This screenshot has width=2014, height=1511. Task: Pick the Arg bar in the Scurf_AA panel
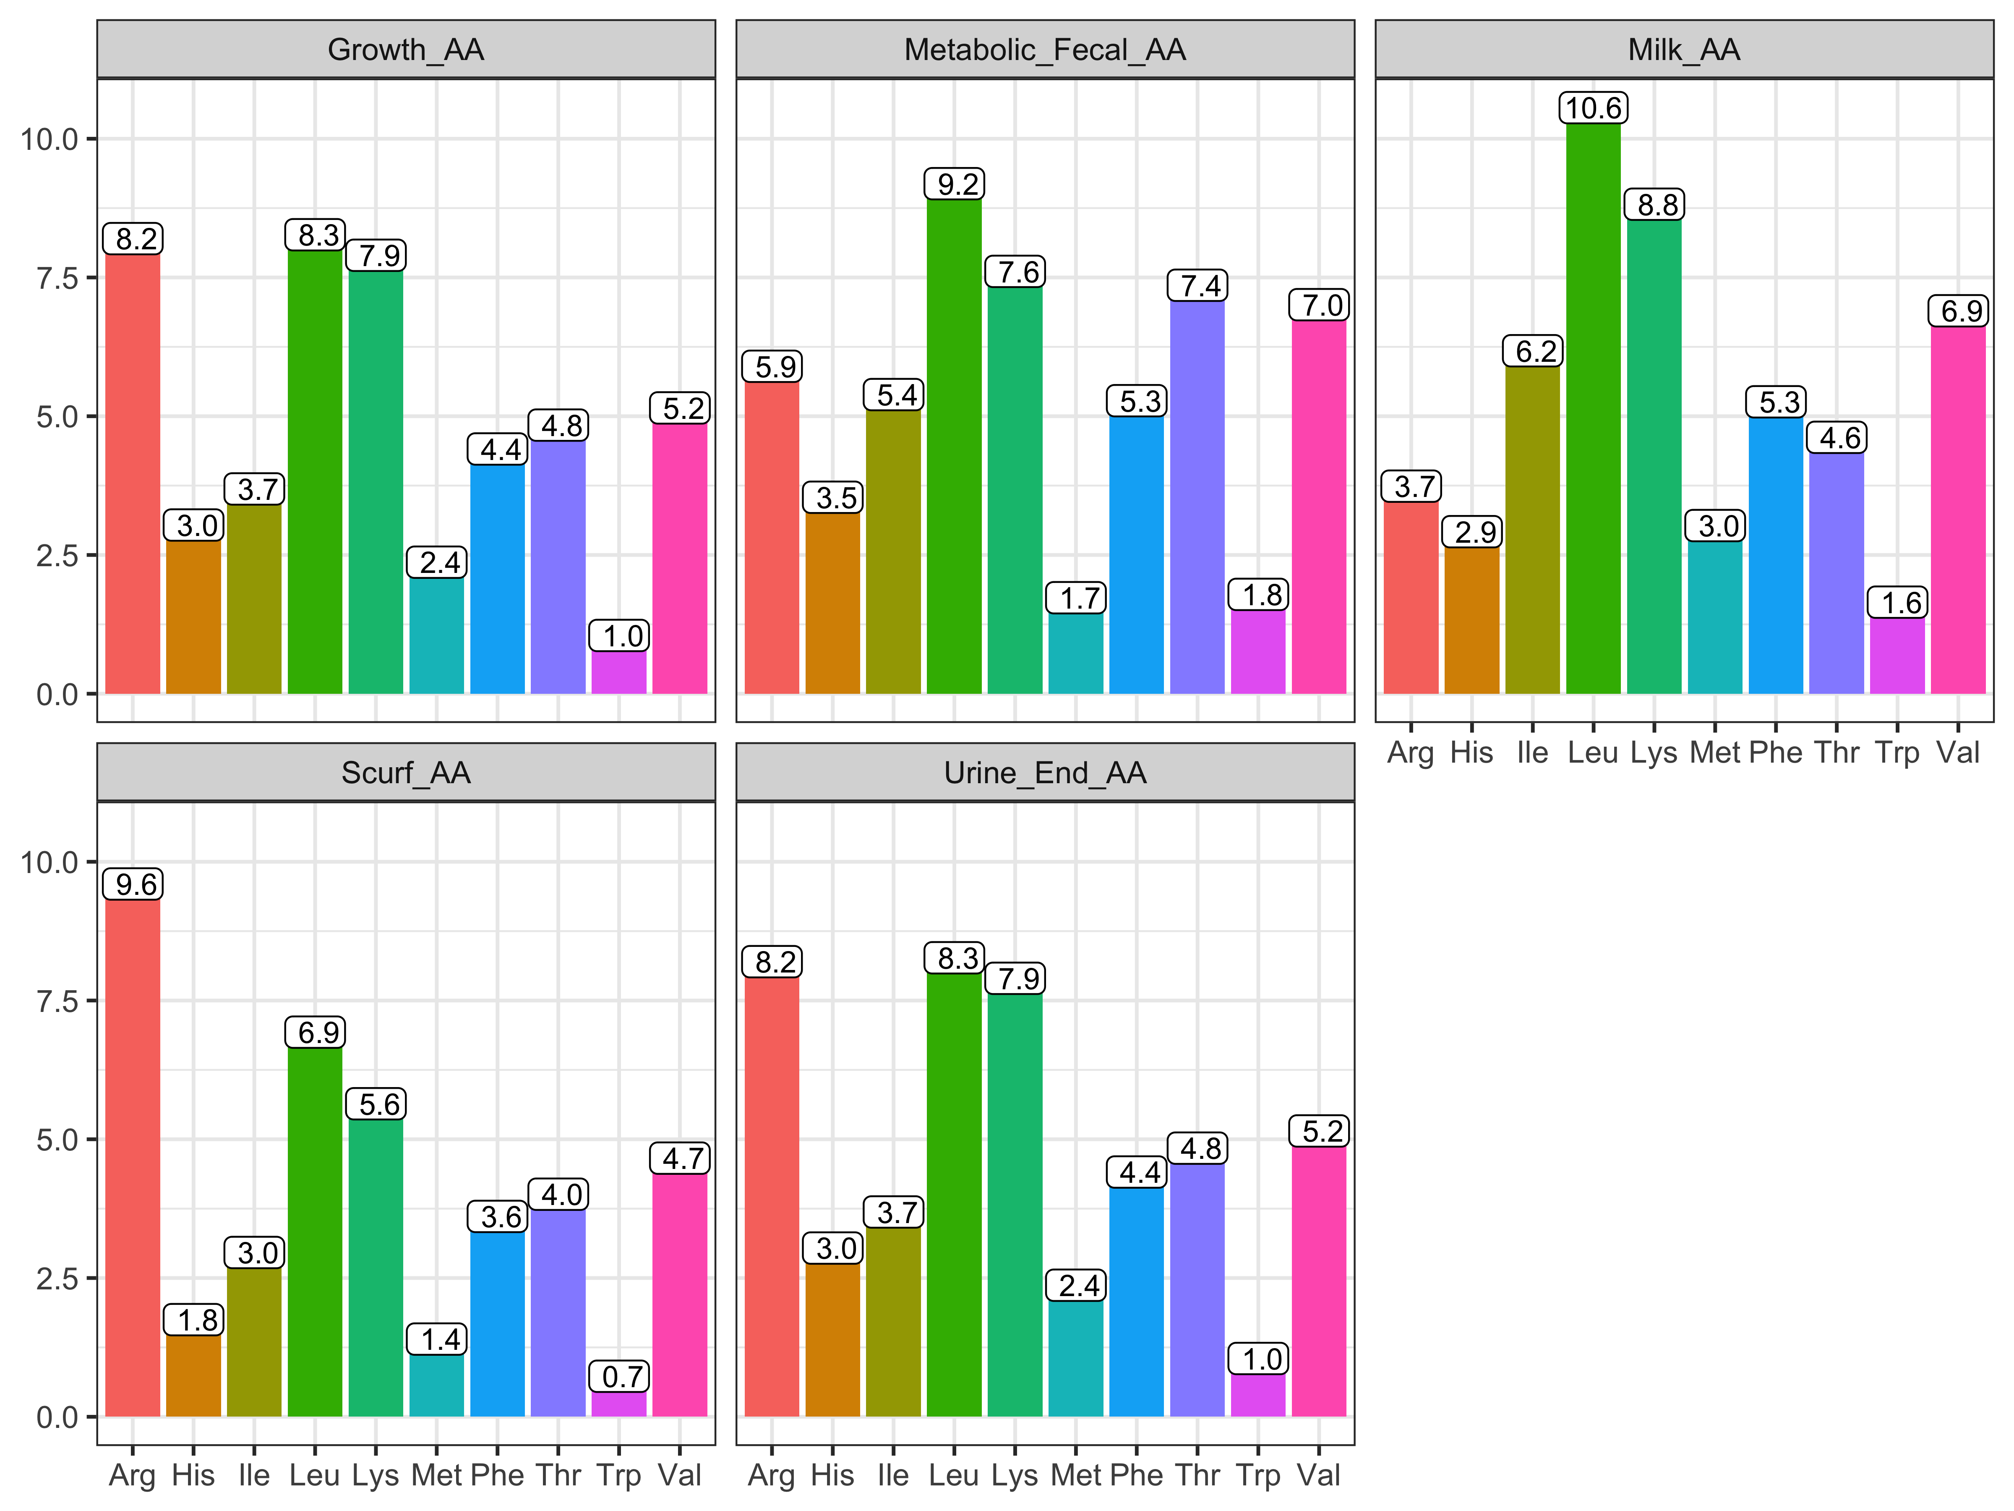click(x=133, y=1157)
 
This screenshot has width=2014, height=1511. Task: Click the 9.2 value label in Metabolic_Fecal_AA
click(x=958, y=184)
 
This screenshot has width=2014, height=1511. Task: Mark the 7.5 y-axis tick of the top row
click(x=57, y=278)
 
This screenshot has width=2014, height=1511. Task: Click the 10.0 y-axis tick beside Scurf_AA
click(x=50, y=862)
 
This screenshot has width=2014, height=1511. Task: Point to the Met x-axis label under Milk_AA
click(x=1714, y=752)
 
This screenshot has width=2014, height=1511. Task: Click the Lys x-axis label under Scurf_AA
click(x=375, y=1475)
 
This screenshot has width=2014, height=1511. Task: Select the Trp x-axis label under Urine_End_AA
click(x=1258, y=1475)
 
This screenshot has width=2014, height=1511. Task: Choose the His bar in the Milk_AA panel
click(x=1471, y=620)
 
